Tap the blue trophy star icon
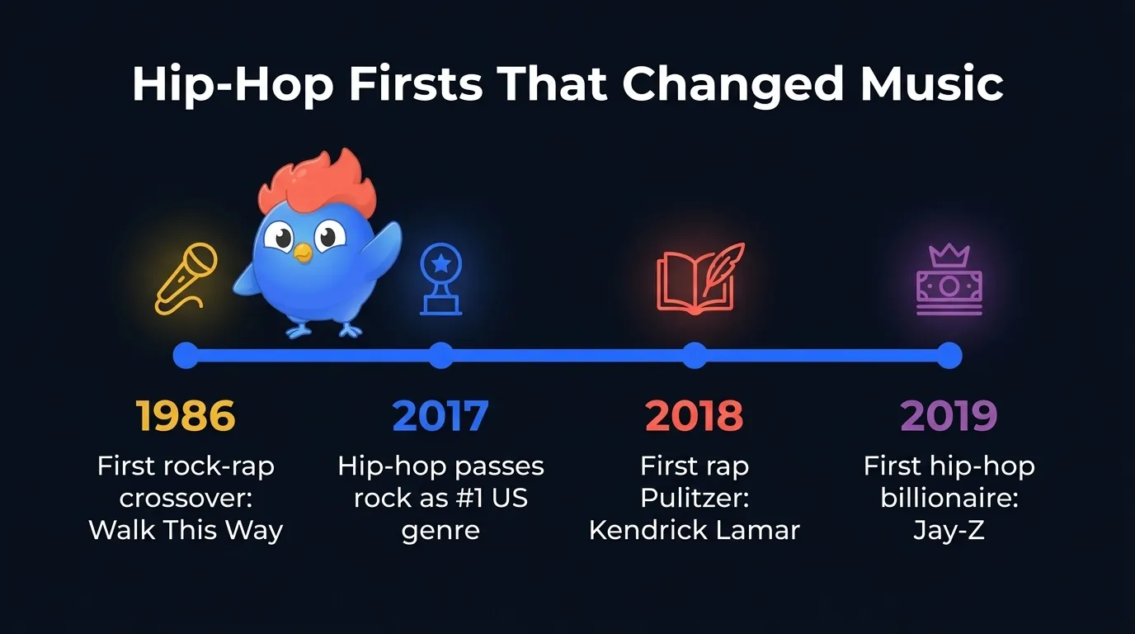[441, 278]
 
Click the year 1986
[186, 415]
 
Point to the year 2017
[440, 415]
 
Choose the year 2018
[695, 415]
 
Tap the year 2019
[949, 415]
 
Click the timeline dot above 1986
[186, 355]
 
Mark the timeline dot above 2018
[695, 355]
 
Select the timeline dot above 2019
[949, 355]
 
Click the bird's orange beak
[304, 253]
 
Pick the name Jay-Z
[949, 530]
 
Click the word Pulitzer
[695, 498]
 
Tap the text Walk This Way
[186, 530]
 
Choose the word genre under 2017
[440, 530]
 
